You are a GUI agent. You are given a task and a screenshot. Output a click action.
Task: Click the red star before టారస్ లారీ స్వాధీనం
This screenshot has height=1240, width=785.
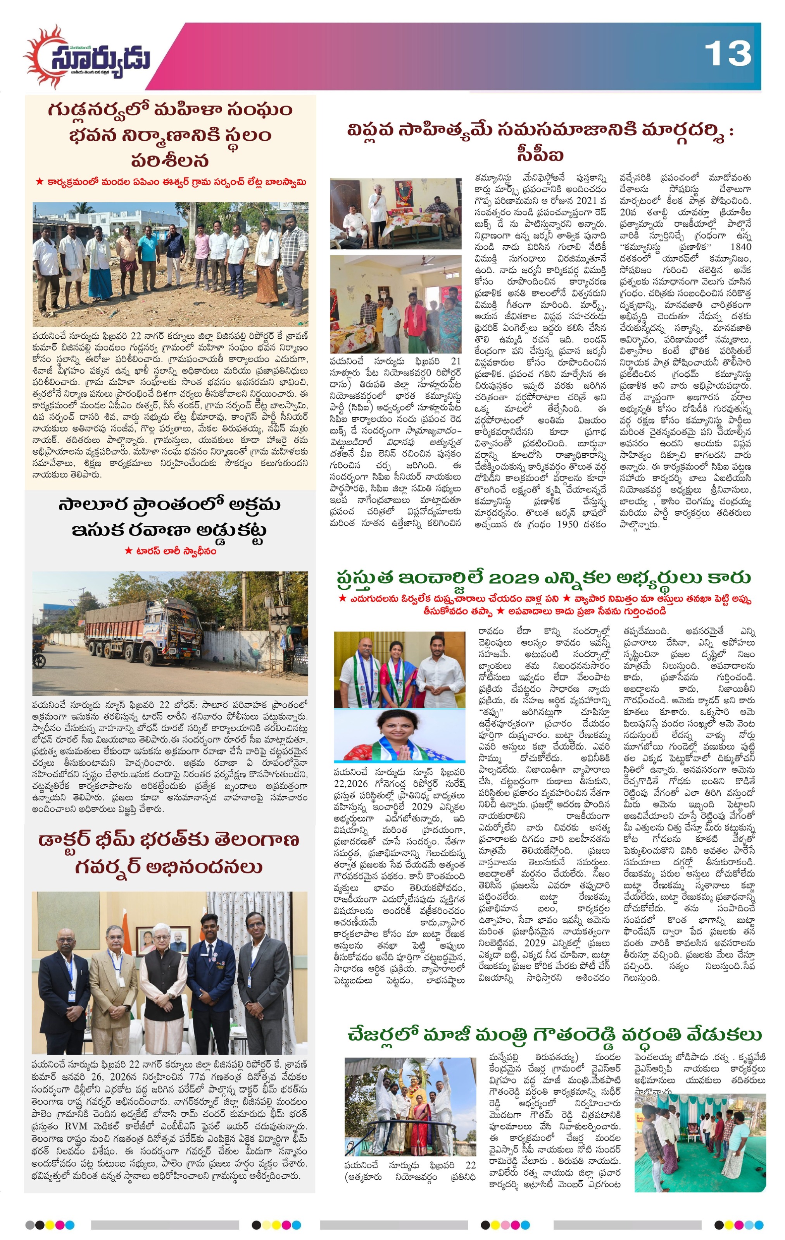pos(129,551)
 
